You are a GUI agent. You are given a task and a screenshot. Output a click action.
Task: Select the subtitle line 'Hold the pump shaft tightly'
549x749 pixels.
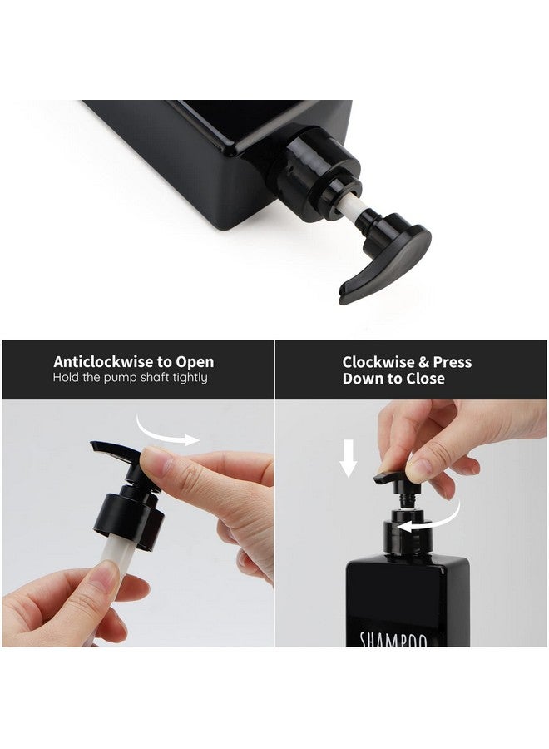coord(130,378)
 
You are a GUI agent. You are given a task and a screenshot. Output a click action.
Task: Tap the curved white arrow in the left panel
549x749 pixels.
coord(169,431)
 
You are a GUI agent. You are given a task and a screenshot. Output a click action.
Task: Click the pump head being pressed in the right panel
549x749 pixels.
coord(394,479)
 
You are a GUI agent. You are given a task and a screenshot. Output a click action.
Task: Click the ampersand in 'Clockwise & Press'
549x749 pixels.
coord(423,362)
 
